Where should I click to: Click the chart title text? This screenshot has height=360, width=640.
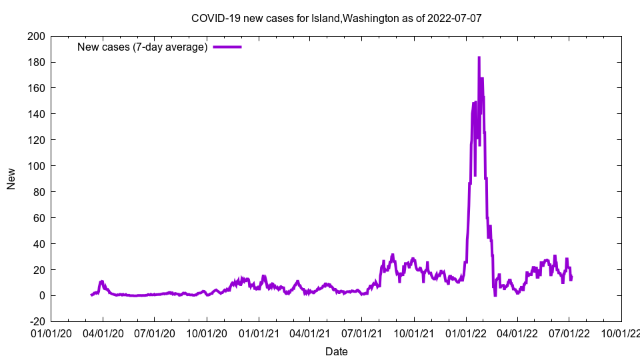pos(336,18)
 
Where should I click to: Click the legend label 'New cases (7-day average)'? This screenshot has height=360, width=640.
pos(143,47)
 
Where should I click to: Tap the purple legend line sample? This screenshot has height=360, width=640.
pos(227,47)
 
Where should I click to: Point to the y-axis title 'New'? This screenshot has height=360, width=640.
pos(11,179)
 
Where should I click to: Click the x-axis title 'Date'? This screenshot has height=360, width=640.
pos(336,351)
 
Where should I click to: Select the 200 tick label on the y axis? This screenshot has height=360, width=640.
pos(36,36)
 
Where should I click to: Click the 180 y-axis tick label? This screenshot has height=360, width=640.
pos(36,62)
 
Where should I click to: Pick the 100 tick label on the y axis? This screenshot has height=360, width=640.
pos(36,166)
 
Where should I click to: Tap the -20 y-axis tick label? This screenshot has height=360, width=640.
pos(36,322)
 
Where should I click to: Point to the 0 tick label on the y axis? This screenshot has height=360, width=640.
pos(41,296)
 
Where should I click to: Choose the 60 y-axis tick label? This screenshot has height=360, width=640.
pos(39,218)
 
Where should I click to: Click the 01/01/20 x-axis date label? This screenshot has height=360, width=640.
pos(51,331)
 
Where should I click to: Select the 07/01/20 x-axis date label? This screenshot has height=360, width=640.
pos(154,331)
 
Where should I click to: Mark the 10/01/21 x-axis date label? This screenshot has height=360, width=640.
pos(414,331)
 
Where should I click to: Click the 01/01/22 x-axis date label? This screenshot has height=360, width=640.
pos(466,331)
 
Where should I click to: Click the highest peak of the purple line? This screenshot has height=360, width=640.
pos(479,58)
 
